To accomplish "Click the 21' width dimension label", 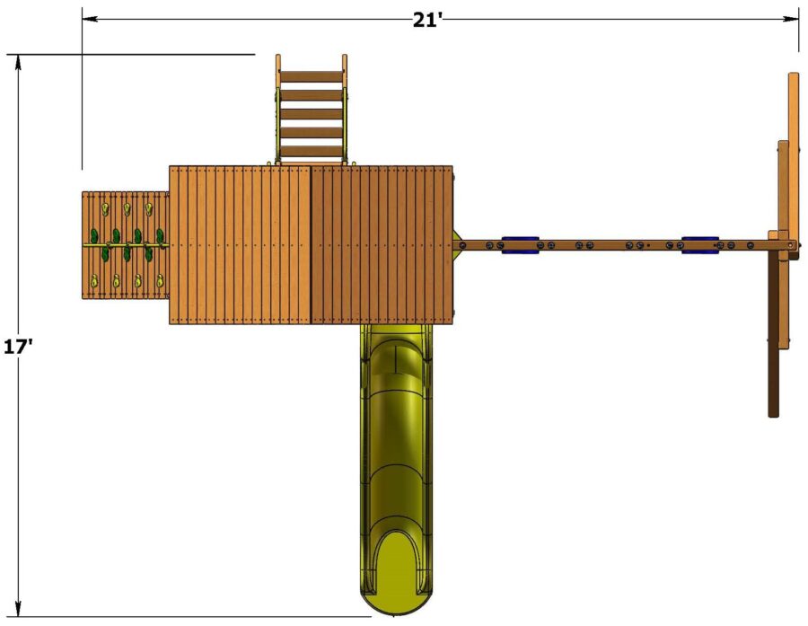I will (428, 21).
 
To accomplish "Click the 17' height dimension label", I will (17, 346).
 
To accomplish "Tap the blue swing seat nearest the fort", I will (520, 244).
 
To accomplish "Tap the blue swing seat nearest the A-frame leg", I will (700, 244).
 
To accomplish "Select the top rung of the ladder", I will (311, 76).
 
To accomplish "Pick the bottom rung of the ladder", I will (311, 151).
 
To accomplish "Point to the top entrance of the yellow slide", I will (395, 341).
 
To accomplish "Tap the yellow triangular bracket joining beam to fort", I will (459, 244).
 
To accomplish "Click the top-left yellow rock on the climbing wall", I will (104, 210).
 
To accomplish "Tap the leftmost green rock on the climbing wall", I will (92, 237).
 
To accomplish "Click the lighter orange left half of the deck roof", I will (240, 244).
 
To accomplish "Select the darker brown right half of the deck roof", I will (382, 244).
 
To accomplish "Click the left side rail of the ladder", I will (278, 108).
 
